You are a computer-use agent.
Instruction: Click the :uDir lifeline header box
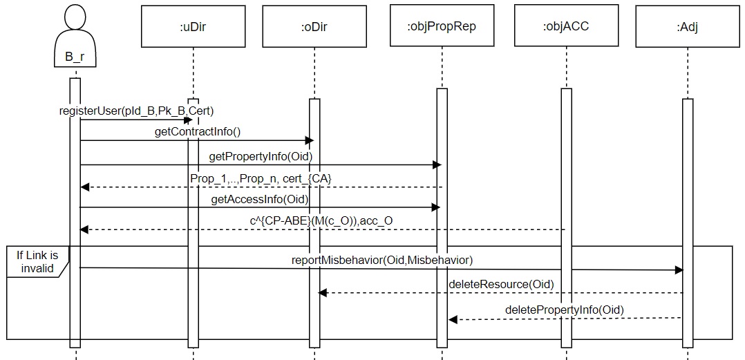pyautogui.click(x=193, y=27)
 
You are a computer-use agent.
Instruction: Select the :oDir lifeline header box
pyautogui.click(x=314, y=27)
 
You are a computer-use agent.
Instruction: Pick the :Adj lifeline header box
pyautogui.click(x=687, y=27)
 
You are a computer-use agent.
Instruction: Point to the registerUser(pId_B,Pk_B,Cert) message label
pyautogui.click(x=136, y=111)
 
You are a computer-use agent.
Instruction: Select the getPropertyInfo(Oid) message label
pyautogui.click(x=261, y=156)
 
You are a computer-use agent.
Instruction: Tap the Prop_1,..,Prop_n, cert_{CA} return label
pyautogui.click(x=261, y=178)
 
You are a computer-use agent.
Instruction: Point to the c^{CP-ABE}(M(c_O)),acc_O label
pyautogui.click(x=321, y=220)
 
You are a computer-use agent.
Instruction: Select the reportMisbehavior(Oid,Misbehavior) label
pyautogui.click(x=382, y=259)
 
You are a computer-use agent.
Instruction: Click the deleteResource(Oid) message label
pyautogui.click(x=501, y=283)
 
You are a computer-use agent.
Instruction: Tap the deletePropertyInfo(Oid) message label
pyautogui.click(x=564, y=310)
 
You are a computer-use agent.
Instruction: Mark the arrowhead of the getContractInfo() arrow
pyautogui.click(x=310, y=141)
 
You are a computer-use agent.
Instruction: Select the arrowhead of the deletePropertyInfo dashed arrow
pyautogui.click(x=453, y=319)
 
